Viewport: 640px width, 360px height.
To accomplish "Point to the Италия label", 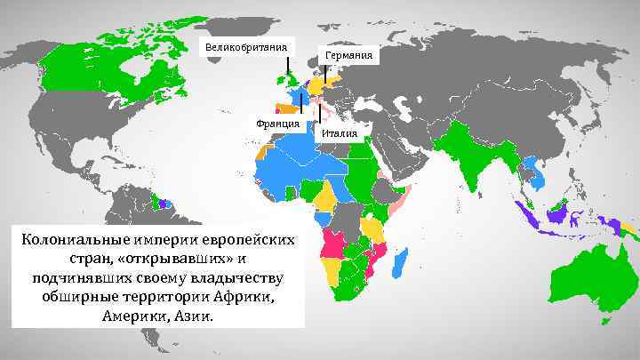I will click(x=340, y=134).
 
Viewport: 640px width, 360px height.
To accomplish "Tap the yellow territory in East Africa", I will click(x=373, y=226).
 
